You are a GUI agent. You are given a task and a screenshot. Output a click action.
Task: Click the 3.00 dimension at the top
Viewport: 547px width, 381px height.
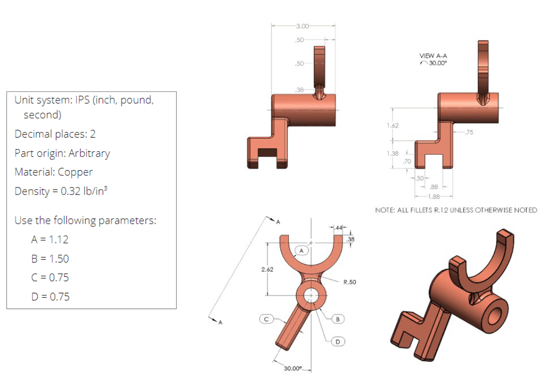point(302,25)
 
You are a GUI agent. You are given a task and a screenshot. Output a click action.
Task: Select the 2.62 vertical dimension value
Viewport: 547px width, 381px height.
point(268,269)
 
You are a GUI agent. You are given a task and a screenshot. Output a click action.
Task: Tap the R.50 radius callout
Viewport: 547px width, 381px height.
point(349,283)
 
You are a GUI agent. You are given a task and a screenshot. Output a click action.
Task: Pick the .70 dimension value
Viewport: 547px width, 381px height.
point(407,160)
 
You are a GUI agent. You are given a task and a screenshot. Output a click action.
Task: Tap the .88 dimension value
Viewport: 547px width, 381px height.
point(433,187)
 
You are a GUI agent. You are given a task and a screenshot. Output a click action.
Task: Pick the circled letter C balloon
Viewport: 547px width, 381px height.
point(268,319)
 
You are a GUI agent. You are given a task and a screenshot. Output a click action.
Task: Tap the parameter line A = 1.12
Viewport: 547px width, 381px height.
point(49,240)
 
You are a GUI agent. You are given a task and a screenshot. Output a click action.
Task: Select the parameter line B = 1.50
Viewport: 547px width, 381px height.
point(49,259)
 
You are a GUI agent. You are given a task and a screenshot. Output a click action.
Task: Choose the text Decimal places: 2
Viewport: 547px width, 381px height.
point(55,134)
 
